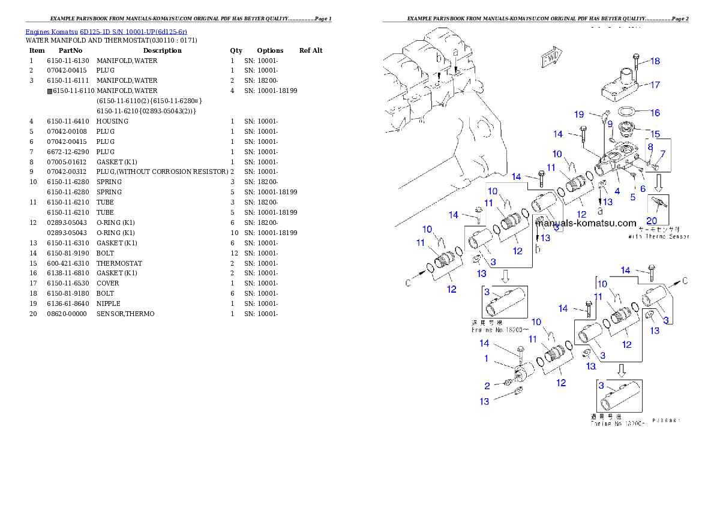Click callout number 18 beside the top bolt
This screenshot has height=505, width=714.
point(655,61)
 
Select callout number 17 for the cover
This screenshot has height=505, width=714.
point(655,85)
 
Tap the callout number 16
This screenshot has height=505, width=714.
point(655,113)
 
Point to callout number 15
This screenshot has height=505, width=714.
point(655,134)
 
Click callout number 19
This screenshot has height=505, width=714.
point(578,114)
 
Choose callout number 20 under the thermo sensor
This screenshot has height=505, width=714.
point(652,221)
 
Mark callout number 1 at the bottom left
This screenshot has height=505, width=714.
point(487,358)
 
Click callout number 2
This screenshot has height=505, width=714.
point(487,386)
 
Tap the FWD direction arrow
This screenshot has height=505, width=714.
point(550,58)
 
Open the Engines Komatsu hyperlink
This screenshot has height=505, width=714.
point(106,32)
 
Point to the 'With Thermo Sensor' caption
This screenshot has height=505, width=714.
point(659,236)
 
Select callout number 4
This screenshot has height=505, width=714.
point(617,191)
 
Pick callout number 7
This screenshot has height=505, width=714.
point(662,154)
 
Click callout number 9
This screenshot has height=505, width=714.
point(610,124)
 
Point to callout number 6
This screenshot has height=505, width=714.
point(643,188)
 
